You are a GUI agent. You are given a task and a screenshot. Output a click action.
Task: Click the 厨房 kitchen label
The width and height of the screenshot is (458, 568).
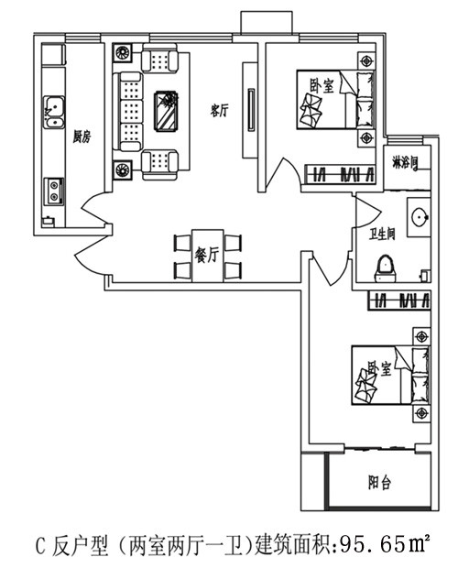tap(82, 137)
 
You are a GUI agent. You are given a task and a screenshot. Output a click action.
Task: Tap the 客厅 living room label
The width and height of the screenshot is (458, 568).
tap(220, 110)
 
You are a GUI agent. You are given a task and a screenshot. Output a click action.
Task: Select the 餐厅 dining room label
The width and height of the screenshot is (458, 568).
tap(207, 255)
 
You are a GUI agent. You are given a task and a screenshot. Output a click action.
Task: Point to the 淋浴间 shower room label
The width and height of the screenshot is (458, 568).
tap(406, 163)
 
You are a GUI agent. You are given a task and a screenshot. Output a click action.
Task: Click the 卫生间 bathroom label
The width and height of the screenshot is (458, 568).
tap(382, 235)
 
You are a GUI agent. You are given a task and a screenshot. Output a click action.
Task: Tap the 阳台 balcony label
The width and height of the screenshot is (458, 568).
tap(379, 483)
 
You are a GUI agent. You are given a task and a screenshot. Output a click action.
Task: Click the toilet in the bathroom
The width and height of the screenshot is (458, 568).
tap(386, 269)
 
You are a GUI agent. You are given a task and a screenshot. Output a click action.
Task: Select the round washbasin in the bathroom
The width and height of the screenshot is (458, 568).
tap(420, 216)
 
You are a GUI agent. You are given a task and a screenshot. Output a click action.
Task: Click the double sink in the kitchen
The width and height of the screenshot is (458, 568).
tap(55, 112)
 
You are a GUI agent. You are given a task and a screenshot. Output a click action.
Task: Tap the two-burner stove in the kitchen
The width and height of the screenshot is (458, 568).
tap(54, 191)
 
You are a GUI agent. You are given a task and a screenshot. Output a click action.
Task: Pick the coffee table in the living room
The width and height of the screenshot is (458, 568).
tap(167, 111)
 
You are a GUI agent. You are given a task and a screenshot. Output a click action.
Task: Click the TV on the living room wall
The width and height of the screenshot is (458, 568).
tap(251, 110)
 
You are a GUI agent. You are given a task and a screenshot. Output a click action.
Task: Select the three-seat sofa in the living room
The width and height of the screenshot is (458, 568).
tap(128, 111)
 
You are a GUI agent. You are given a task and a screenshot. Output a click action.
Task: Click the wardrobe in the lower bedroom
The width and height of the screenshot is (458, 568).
tap(399, 300)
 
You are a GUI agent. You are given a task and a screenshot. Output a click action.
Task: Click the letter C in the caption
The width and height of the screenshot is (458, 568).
tap(40, 546)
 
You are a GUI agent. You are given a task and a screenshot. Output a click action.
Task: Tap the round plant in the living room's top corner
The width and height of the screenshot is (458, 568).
tap(123, 53)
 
